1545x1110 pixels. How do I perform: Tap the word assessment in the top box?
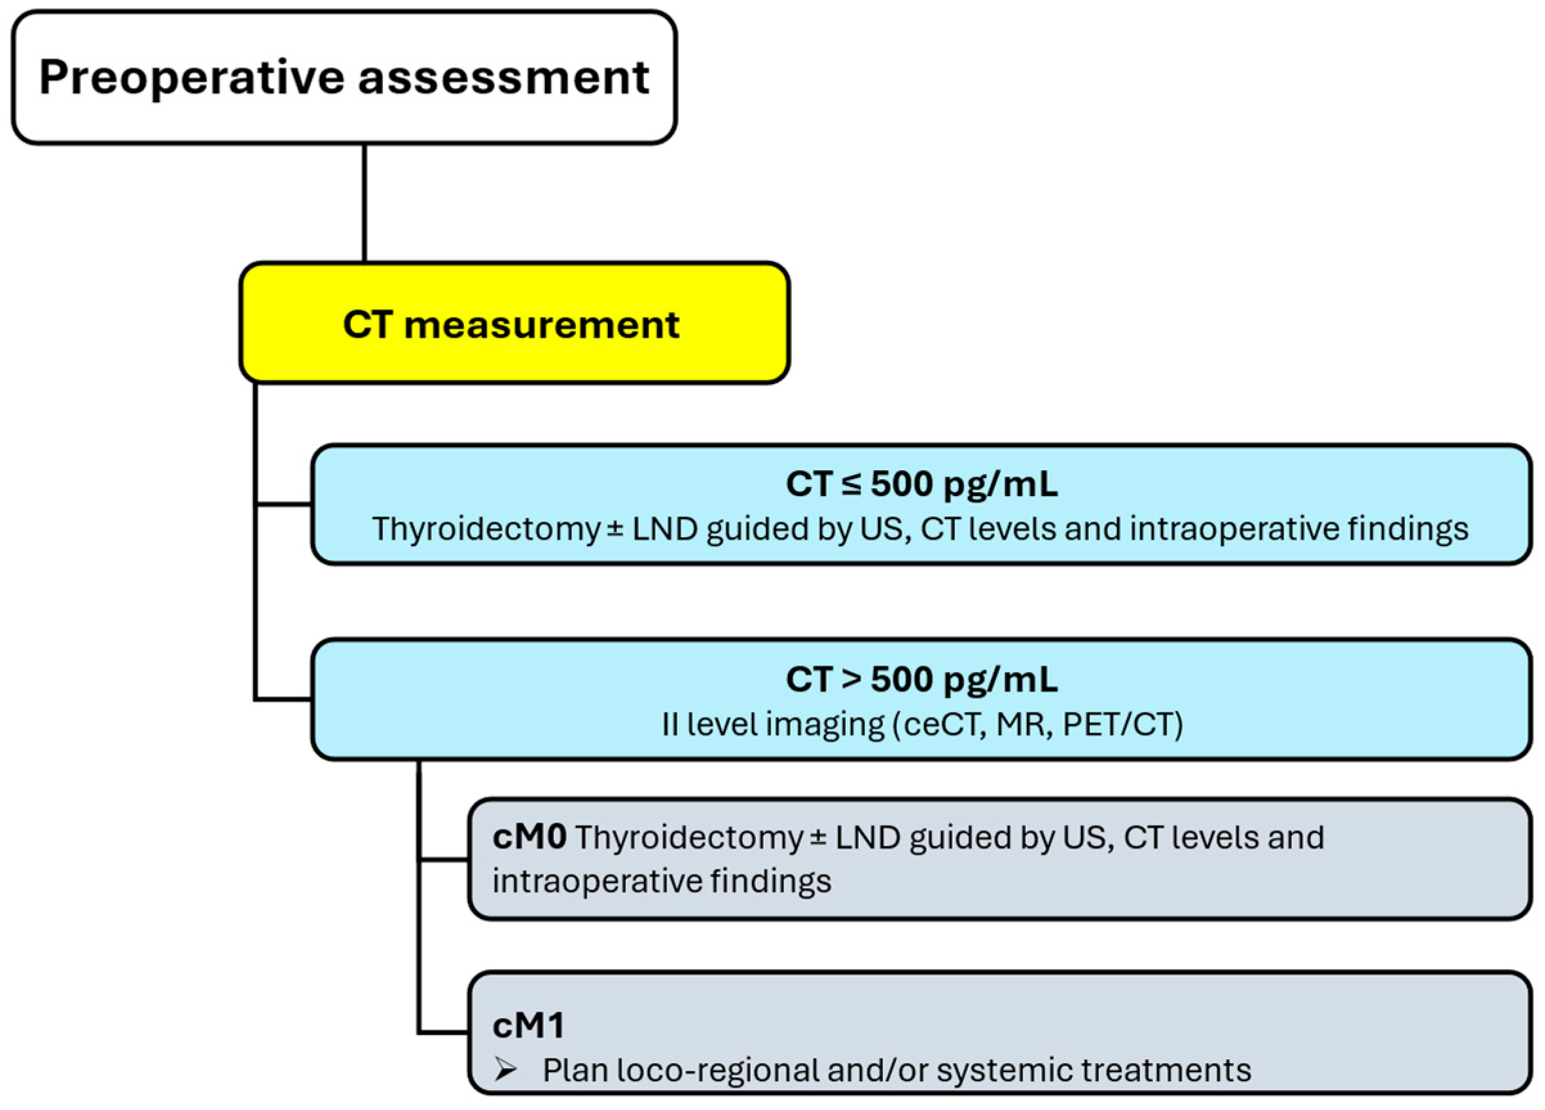(x=503, y=78)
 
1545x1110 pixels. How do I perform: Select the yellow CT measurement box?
(x=514, y=324)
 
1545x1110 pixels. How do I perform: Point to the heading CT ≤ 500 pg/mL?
(x=921, y=485)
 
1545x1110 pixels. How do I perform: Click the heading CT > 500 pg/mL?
(x=921, y=680)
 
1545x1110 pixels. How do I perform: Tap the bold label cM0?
(x=530, y=838)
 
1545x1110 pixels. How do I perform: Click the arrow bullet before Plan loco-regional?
(x=505, y=1070)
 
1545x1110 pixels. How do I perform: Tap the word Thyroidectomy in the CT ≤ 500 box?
(x=485, y=529)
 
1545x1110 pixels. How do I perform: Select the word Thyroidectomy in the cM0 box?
(x=689, y=838)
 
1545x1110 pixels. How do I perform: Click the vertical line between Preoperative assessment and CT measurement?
(x=364, y=203)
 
